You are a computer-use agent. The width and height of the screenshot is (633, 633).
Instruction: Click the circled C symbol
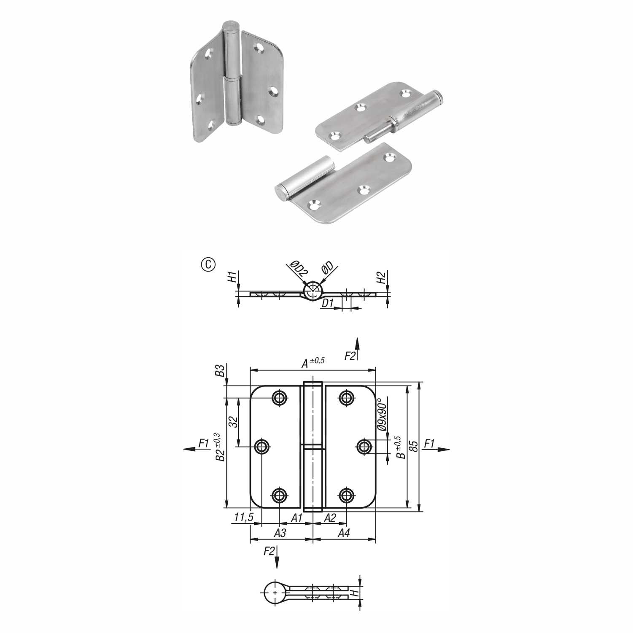[208, 264]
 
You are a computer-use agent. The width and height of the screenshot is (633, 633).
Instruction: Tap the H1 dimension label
[232, 277]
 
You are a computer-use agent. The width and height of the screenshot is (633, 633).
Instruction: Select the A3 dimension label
[280, 533]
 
